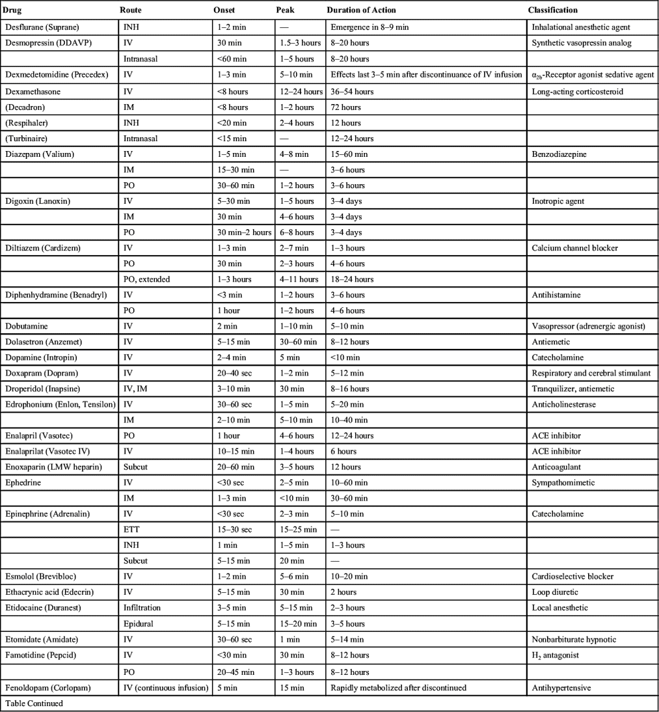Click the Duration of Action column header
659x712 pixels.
pos(361,10)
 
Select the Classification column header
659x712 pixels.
pos(553,10)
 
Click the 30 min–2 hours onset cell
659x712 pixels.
pos(243,232)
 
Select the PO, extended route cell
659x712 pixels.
pos(146,279)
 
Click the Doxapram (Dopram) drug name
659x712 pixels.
pos(40,373)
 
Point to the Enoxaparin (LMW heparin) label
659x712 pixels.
pos(53,467)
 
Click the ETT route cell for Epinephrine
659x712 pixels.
pos(131,529)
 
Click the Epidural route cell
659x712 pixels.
pos(138,623)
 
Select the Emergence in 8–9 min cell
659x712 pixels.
pos(369,27)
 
